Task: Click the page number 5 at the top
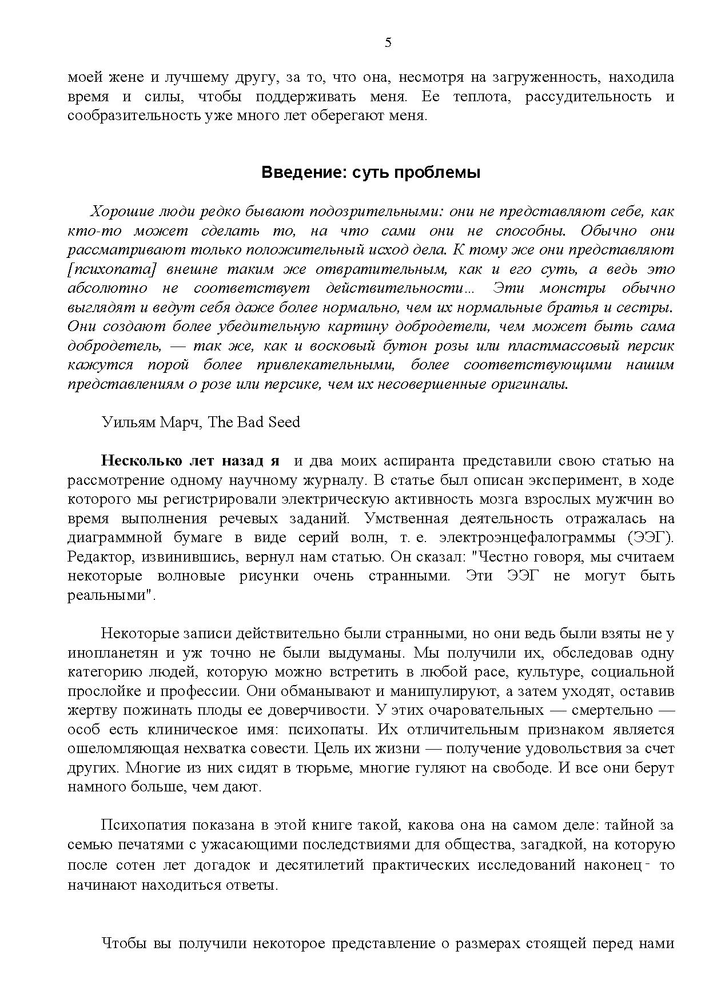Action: point(388,43)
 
